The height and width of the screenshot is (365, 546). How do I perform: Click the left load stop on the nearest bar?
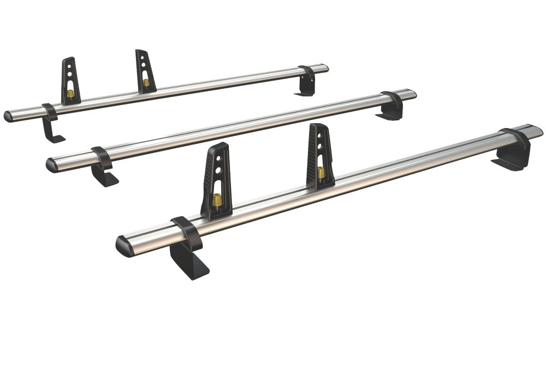click(217, 181)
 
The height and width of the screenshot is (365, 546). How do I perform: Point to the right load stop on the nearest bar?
click(321, 156)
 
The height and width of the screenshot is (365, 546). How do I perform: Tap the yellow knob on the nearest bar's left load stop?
click(217, 201)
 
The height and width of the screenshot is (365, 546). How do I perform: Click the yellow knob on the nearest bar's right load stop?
click(321, 172)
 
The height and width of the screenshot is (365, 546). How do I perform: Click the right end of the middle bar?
click(412, 94)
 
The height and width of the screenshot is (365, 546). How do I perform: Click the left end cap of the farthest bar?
click(9, 117)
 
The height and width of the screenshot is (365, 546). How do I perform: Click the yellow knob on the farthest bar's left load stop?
click(70, 94)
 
